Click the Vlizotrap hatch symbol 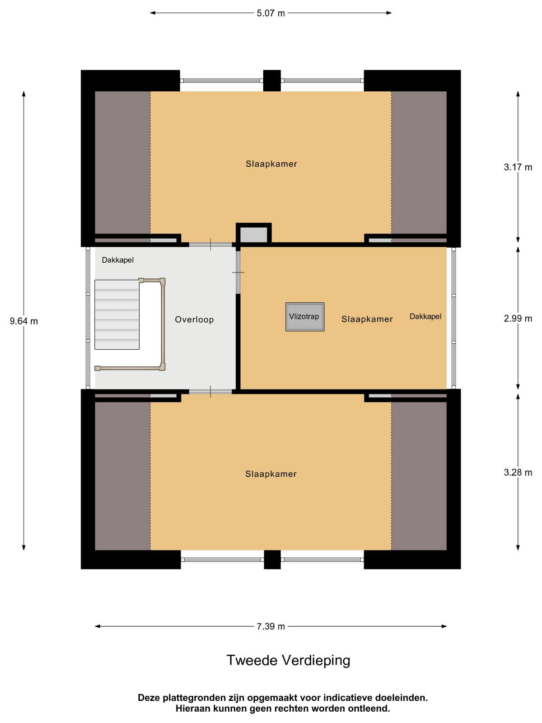305,317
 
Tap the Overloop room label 194,319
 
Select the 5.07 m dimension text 271,14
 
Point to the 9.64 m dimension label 23,321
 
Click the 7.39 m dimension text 271,626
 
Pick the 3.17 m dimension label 518,167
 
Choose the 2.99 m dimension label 518,319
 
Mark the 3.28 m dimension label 518,472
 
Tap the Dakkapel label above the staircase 118,260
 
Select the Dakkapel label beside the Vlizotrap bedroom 425,316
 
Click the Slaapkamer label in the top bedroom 271,164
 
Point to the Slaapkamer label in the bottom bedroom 271,474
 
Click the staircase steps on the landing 117,314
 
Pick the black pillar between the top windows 272,80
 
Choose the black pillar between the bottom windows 272,559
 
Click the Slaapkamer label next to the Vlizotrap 367,319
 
